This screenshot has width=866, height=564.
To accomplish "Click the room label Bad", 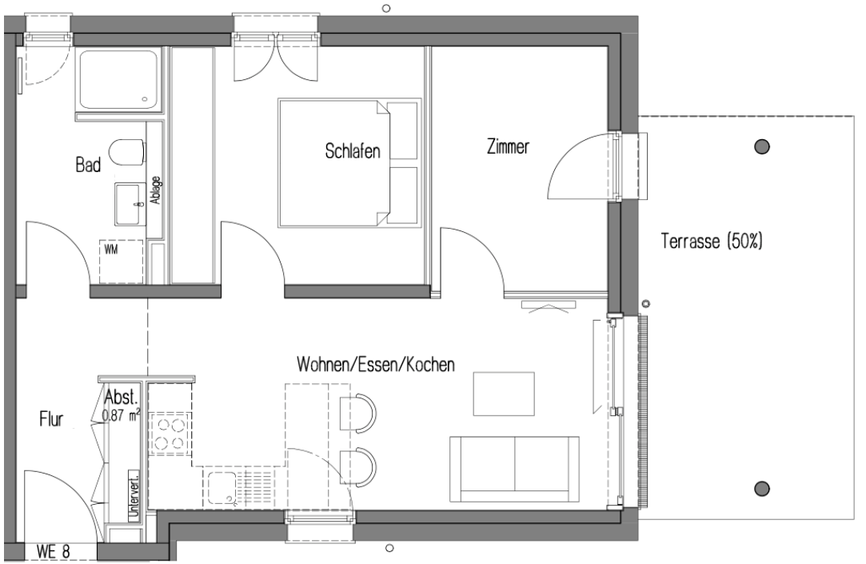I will pos(88,166).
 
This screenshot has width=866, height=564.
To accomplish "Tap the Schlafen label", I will pos(352,150).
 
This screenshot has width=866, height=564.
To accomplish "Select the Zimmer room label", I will pos(508,147).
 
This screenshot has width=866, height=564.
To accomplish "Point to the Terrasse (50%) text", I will pos(712,241).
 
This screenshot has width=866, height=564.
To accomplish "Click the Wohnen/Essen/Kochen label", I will pos(376,366).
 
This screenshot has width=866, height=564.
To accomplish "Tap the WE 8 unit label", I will pos(54,551).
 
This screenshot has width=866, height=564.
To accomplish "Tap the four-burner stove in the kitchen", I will pos(169,433).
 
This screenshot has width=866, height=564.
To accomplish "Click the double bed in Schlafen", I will pos(349,163).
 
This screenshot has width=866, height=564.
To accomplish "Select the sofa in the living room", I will pos(515,468).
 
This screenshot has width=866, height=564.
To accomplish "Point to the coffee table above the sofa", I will pos(503,394).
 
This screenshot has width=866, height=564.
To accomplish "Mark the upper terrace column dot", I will pos(762,146).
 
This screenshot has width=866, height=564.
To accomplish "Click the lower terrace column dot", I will pos(762,488).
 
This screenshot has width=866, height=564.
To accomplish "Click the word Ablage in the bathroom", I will pos(157,192).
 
